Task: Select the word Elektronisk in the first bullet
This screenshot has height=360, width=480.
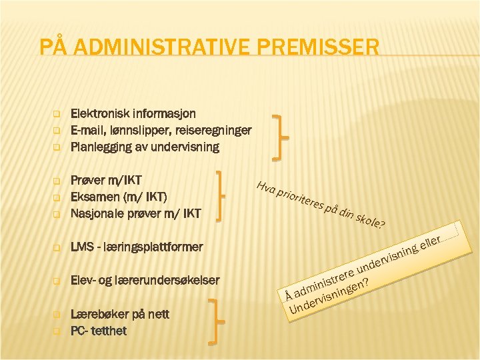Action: click(100, 114)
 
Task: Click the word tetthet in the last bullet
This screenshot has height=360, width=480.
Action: click(111, 330)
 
